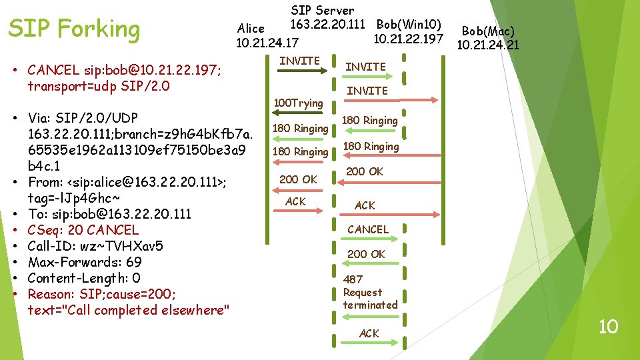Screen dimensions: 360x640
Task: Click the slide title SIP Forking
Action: (73, 29)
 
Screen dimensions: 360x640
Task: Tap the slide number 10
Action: (608, 327)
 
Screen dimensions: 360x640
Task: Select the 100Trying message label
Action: (299, 103)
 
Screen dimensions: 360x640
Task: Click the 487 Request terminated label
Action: (370, 292)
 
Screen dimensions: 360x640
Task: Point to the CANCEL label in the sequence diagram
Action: (367, 229)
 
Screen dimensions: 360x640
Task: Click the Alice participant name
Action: (251, 28)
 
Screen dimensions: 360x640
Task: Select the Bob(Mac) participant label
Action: (488, 31)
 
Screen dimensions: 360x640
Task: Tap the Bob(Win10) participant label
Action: (409, 25)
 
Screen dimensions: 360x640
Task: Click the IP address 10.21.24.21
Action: (487, 45)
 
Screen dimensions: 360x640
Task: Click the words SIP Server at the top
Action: (323, 11)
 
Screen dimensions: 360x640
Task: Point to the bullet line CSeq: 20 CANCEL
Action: (83, 230)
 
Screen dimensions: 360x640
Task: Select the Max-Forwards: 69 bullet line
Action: (85, 262)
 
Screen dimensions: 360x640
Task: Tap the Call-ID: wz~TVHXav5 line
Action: (95, 246)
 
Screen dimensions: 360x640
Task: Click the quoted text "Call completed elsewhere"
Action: (129, 310)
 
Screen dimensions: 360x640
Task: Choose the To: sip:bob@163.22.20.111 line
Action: (109, 214)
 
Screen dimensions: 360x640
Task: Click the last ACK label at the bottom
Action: (369, 333)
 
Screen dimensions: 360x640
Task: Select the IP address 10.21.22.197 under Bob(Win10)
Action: (408, 39)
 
